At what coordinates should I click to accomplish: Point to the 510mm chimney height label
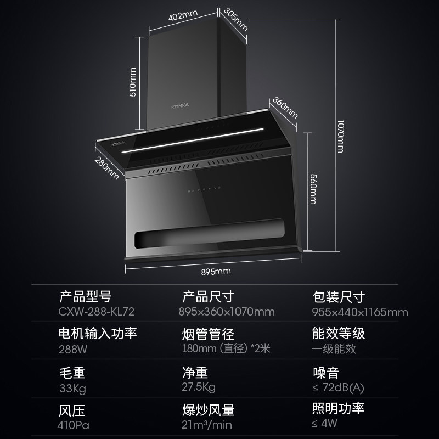132,82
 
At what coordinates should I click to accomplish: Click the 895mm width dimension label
216,271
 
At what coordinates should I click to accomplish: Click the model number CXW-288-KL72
96,312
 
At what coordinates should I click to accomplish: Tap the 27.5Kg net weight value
199,387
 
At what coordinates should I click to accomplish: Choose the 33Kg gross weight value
72,388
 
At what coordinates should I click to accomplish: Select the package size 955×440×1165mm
359,312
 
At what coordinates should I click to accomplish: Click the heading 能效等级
338,333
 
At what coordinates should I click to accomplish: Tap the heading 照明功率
338,408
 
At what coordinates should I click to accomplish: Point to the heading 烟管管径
209,334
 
